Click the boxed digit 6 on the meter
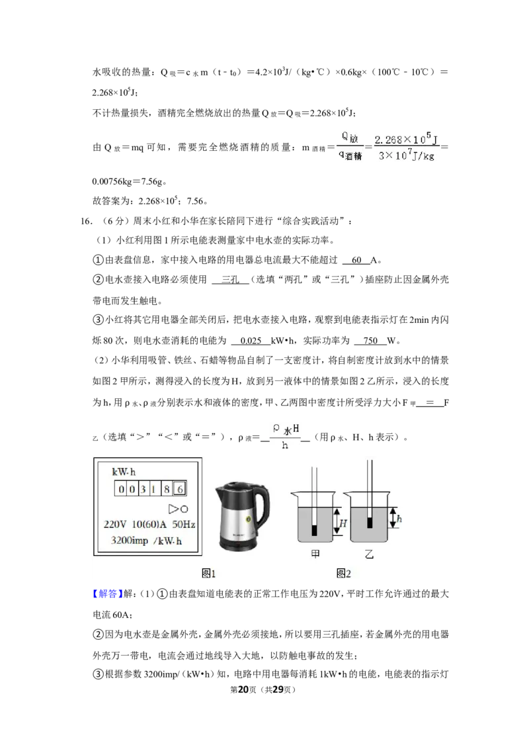point(180,489)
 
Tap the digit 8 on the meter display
point(167,489)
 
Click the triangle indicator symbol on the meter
point(173,509)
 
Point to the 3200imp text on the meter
point(130,541)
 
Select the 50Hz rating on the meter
point(183,524)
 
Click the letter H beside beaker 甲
point(343,523)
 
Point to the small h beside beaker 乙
point(399,518)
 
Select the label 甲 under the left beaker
point(315,554)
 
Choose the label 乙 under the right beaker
point(369,554)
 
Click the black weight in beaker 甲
point(313,530)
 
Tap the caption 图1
point(209,573)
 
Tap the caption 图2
point(343,573)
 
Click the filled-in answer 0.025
point(251,341)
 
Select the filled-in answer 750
point(370,341)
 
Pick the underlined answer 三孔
point(231,279)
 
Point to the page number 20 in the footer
point(243,689)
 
